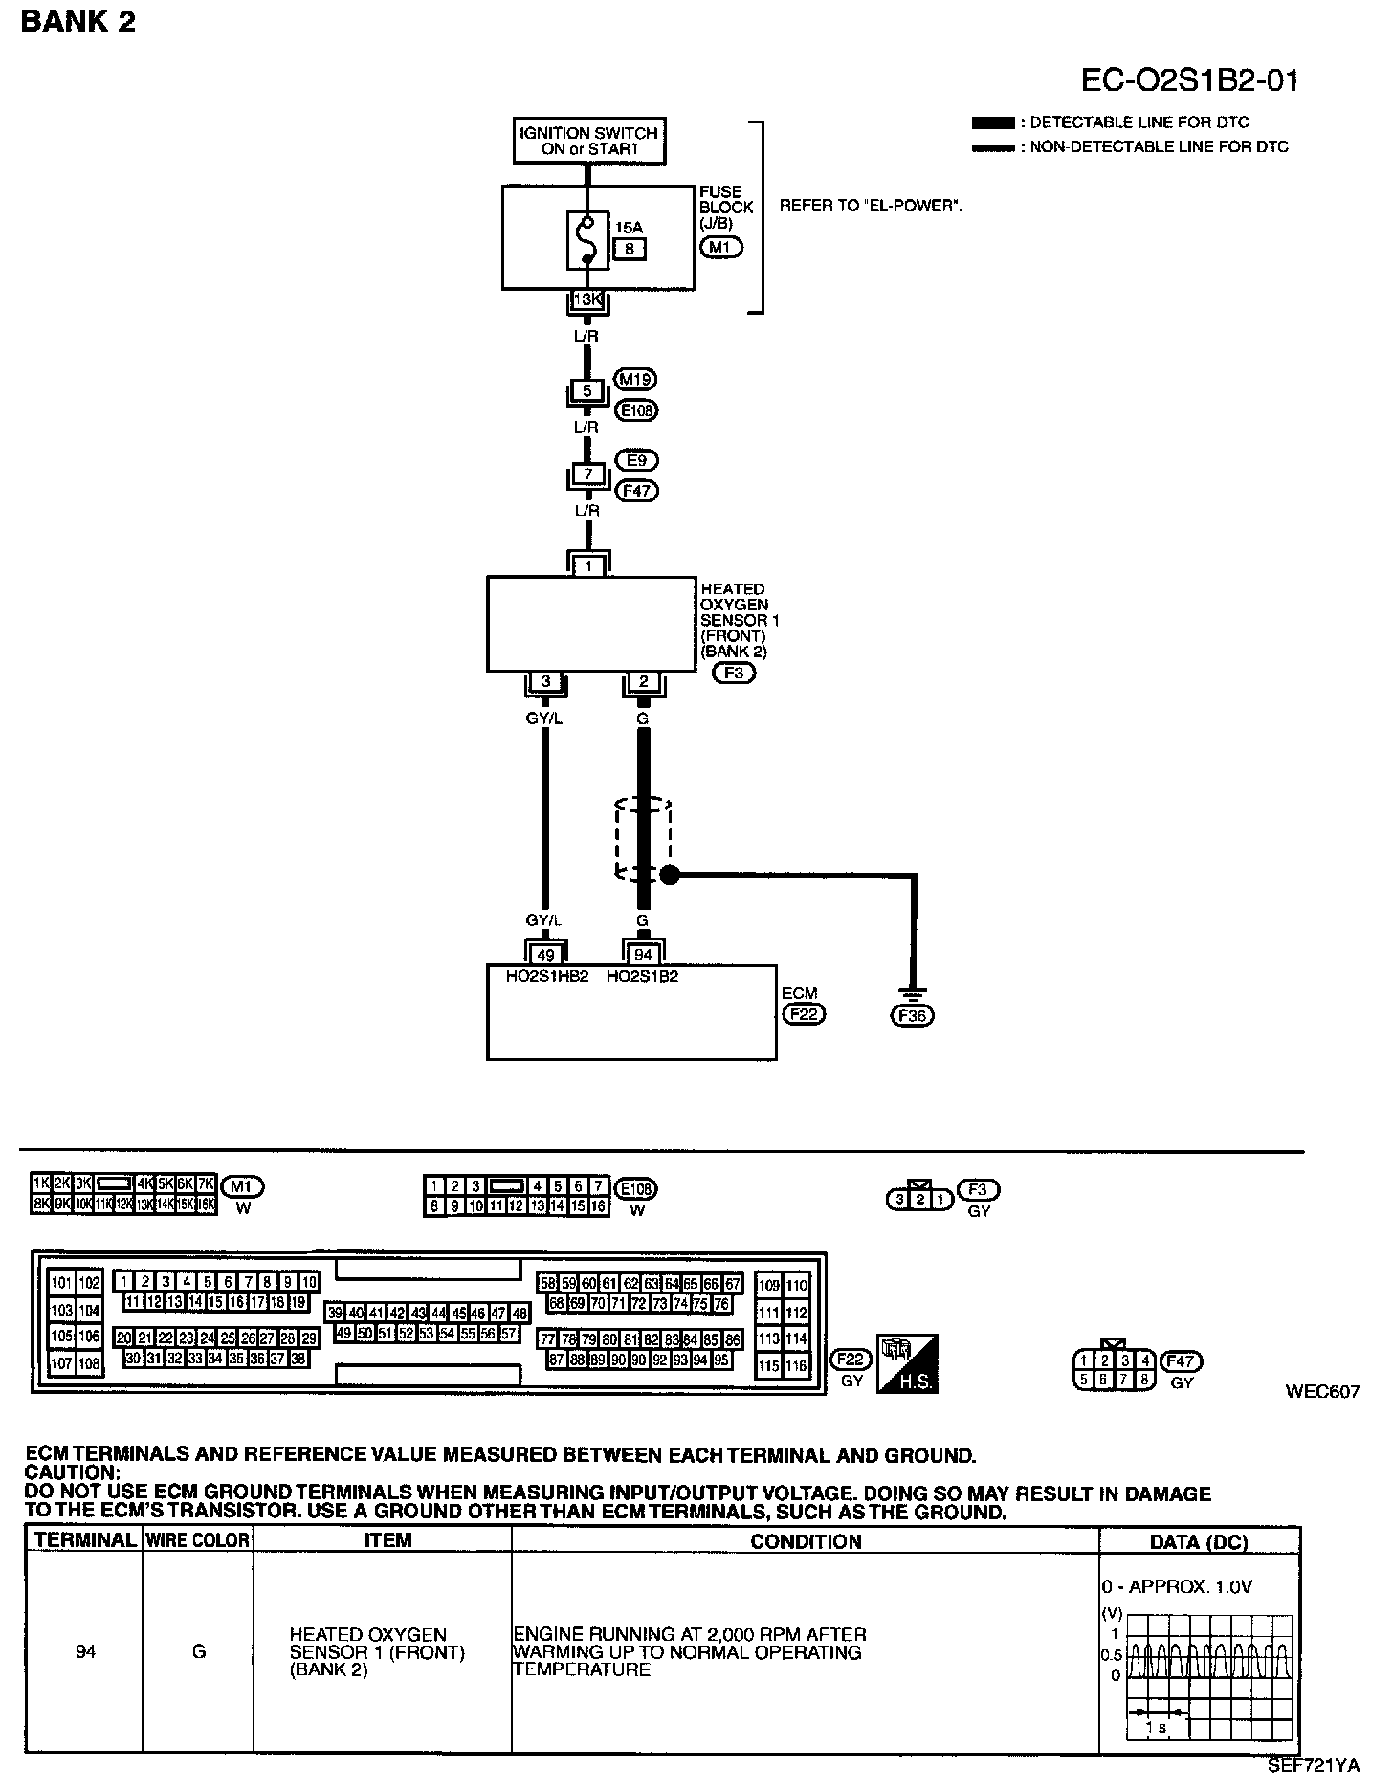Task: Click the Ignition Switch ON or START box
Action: pos(587,141)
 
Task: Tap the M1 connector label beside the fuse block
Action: pos(721,248)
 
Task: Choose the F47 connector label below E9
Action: pos(638,491)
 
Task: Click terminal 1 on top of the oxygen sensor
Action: pos(588,566)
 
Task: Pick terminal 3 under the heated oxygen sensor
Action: pos(546,682)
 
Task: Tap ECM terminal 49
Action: pos(546,954)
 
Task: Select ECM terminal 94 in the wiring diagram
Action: pos(643,954)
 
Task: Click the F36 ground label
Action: pos(912,1016)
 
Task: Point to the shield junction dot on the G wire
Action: pos(670,873)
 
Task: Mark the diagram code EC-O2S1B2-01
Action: pos(1189,80)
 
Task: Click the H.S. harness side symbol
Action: pos(907,1362)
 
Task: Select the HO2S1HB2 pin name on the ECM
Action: pos(546,977)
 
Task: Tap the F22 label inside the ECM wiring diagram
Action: pos(803,1013)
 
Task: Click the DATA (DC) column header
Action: pos(1199,1541)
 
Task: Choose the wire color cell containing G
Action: pos(198,1652)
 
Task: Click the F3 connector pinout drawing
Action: pos(919,1199)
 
